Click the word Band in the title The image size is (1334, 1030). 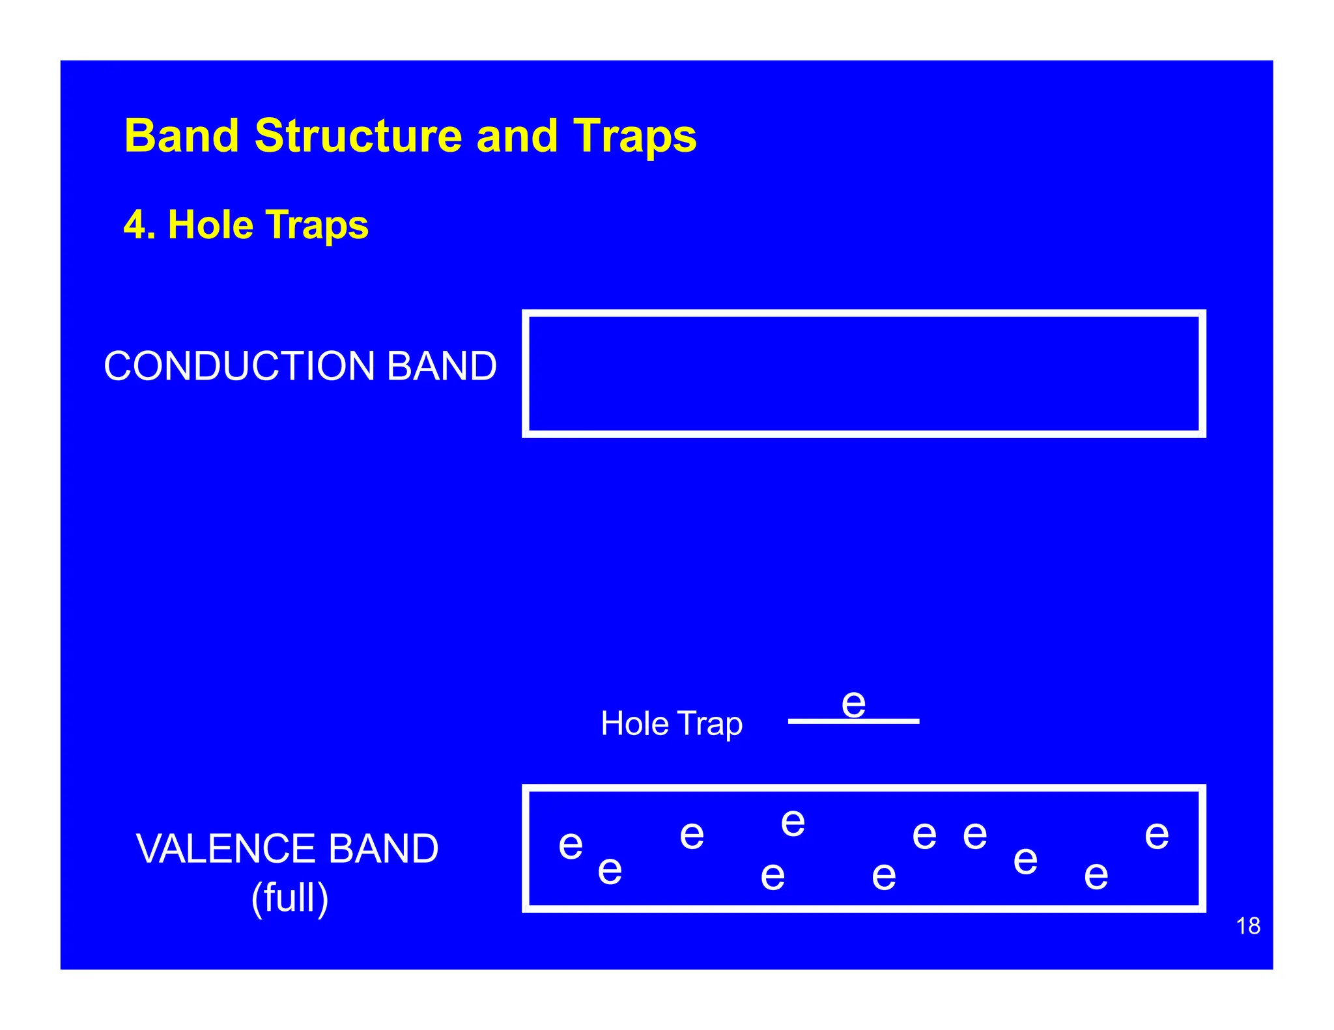tap(182, 136)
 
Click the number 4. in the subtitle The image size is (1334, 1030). tap(139, 225)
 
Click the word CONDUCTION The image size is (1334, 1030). tap(238, 366)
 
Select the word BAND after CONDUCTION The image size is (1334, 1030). tap(442, 366)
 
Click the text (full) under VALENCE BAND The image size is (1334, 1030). tap(290, 898)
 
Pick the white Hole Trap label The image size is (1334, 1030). tap(671, 724)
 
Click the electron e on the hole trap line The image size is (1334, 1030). tap(853, 704)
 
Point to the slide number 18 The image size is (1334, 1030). tap(1247, 926)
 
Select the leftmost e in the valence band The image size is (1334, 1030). tap(571, 845)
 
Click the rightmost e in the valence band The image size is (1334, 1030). tap(1156, 835)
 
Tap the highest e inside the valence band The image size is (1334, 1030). tap(793, 823)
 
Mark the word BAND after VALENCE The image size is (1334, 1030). tap(383, 849)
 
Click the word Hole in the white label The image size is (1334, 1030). tap(634, 723)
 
